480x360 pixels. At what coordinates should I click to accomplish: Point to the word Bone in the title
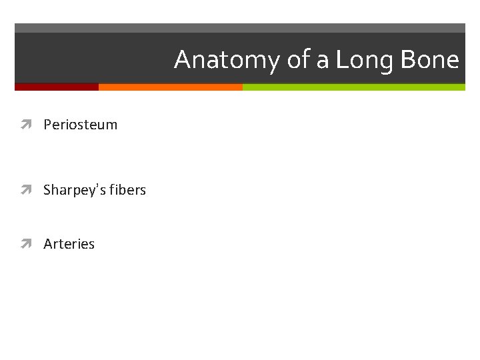431,60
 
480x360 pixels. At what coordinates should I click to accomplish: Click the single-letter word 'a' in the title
323,61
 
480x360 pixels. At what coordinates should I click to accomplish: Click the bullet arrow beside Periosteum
27,125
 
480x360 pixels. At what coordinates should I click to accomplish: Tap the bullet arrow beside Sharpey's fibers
27,190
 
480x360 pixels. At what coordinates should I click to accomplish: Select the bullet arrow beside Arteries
27,244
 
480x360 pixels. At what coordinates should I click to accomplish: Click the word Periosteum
80,125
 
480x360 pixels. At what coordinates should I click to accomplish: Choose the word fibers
128,190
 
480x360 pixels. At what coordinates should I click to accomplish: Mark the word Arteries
69,244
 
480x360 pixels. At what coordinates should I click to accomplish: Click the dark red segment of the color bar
57,87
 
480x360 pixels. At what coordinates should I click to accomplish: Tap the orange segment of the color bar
170,87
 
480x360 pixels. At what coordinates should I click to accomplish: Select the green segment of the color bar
353,87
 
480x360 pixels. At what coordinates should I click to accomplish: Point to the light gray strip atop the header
240,28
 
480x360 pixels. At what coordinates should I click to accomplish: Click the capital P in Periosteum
47,125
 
